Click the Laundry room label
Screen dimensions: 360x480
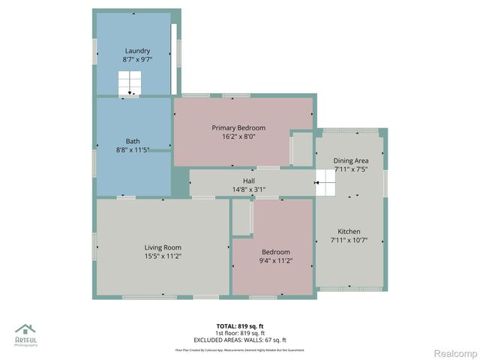[x=137, y=51]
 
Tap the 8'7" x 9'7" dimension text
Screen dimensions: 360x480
[x=137, y=59]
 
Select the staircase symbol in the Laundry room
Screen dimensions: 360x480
[x=130, y=83]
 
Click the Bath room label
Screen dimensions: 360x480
[x=132, y=141]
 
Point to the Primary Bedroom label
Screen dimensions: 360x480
[x=238, y=128]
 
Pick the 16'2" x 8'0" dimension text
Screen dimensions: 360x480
[x=238, y=137]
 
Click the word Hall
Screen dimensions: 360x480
[x=249, y=181]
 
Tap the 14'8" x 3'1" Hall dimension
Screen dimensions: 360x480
[x=249, y=190]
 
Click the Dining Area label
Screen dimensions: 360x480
[x=350, y=160]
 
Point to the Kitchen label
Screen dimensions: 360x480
[x=349, y=232]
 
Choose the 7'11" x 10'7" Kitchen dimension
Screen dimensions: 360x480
[x=349, y=241]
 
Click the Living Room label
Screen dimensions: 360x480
[x=163, y=247]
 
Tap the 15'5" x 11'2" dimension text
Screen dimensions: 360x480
[x=163, y=256]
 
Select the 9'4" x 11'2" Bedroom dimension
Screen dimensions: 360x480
[x=275, y=261]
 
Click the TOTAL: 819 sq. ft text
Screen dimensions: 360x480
[x=240, y=326]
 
